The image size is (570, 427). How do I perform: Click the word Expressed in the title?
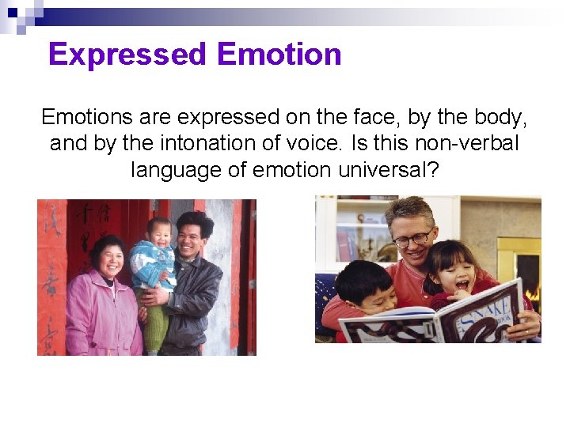pyautogui.click(x=127, y=55)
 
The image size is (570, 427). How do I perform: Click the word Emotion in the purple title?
pyautogui.click(x=279, y=55)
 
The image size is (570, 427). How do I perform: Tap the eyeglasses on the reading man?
pyautogui.click(x=412, y=238)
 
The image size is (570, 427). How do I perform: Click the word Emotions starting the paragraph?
pyautogui.click(x=87, y=117)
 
